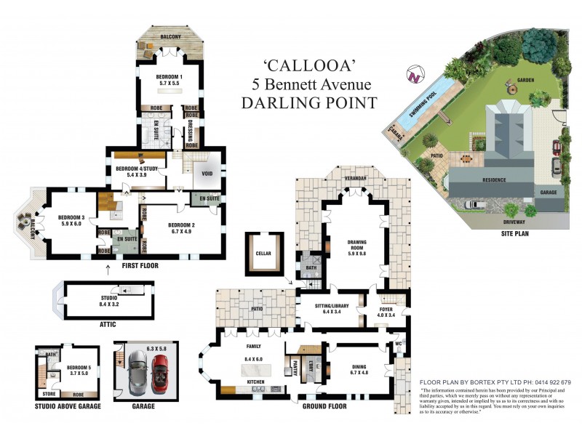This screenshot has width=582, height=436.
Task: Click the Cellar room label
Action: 263,254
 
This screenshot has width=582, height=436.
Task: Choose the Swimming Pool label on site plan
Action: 422,103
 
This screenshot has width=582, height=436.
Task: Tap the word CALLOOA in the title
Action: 309,67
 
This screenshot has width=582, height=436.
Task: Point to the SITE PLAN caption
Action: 509,234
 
